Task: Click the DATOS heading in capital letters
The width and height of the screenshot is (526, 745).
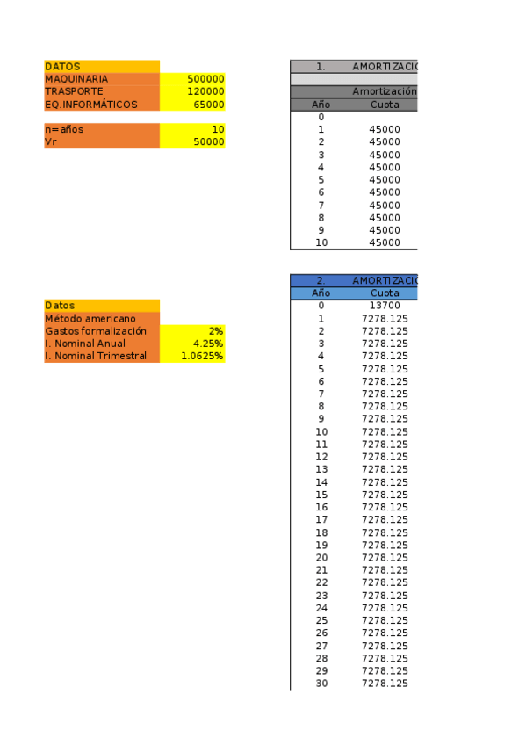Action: click(62, 66)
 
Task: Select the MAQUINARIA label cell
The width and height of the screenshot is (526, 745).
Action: click(76, 79)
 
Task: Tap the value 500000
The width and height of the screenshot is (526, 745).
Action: click(206, 79)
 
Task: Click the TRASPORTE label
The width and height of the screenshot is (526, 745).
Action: click(74, 91)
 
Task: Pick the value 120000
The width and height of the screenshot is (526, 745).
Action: click(206, 91)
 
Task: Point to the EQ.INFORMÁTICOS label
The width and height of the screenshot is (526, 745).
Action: click(91, 105)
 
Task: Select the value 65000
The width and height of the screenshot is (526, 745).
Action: click(209, 105)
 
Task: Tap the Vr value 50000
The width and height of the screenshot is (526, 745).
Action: click(209, 141)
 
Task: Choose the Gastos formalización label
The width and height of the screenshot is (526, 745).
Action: click(96, 331)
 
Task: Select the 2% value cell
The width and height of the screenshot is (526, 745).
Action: click(215, 331)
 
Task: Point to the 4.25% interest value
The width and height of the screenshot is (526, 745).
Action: click(208, 344)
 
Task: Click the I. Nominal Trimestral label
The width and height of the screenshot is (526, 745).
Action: click(96, 356)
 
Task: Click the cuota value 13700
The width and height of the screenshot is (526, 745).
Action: click(385, 306)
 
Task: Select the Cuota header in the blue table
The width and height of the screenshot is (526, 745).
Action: click(385, 293)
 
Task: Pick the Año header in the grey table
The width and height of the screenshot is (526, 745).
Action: click(321, 105)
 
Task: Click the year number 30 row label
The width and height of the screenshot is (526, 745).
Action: click(321, 684)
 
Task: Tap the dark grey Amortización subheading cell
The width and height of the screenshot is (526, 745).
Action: click(384, 91)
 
